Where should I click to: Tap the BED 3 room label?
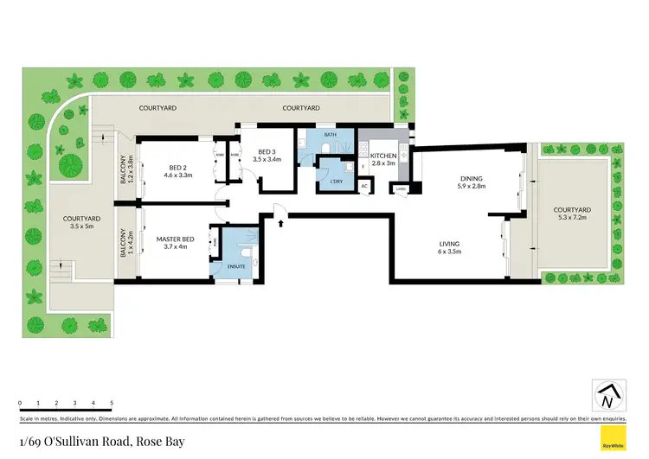tap(267, 151)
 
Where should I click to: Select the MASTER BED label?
tap(176, 239)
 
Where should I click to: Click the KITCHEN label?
tap(382, 156)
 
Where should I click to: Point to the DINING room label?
tap(472, 179)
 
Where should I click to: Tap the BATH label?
tap(330, 135)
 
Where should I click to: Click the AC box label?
tap(363, 186)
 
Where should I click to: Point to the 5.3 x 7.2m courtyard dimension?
tap(573, 217)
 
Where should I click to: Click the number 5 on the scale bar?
tap(112, 403)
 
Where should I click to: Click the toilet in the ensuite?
tap(248, 252)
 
